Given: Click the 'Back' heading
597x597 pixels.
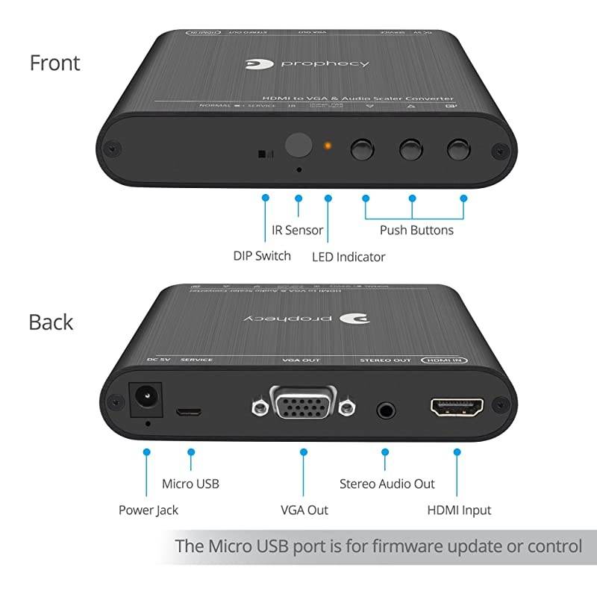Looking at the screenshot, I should [x=51, y=322].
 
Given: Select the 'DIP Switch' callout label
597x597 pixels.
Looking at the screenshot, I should [x=262, y=256].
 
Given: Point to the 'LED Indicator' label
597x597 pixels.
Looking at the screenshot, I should [x=348, y=257].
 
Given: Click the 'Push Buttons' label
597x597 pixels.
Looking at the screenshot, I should [x=416, y=230].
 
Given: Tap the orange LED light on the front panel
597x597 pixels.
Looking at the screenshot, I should [x=327, y=145].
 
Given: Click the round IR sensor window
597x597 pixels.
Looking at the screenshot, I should [x=299, y=145].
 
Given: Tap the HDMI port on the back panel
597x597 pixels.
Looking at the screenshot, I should [x=457, y=407].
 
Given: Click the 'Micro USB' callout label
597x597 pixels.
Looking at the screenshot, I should [x=190, y=484].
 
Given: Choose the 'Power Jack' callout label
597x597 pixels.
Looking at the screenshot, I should [x=149, y=510].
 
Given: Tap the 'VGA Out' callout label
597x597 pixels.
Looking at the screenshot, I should [x=304, y=510].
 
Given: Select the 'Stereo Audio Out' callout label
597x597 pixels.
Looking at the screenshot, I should [x=387, y=484].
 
